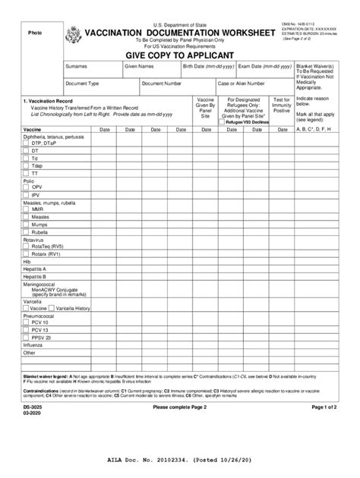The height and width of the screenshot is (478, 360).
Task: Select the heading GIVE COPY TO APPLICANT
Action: tap(179, 55)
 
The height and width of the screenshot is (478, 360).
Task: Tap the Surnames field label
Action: tap(76, 67)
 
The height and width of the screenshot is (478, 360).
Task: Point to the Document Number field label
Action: tap(161, 83)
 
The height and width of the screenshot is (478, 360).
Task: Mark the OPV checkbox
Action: tap(26, 187)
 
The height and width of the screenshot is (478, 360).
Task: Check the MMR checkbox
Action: tap(26, 209)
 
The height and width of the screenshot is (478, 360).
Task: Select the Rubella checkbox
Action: tap(26, 231)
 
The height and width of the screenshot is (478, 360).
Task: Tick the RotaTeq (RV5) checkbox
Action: tap(26, 246)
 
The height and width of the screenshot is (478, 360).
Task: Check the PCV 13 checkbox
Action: tap(26, 331)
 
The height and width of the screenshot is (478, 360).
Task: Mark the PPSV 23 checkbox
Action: tap(26, 338)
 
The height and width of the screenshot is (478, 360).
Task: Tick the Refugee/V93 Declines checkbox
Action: tap(222, 121)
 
